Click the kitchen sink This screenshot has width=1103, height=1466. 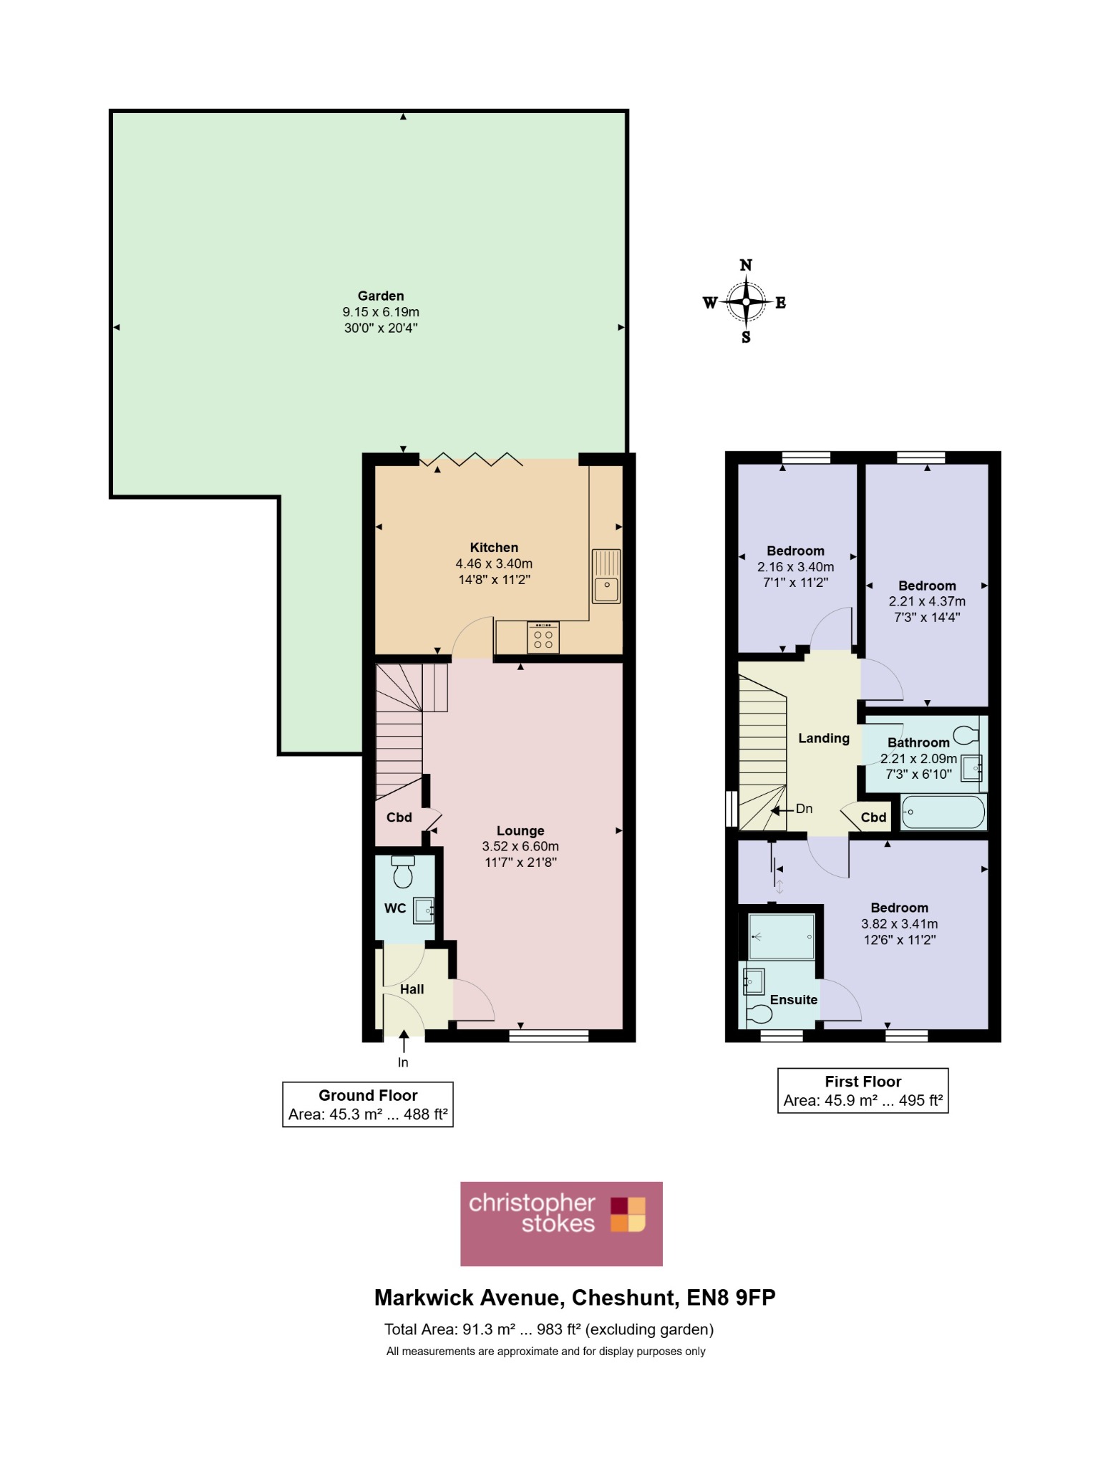coord(606,576)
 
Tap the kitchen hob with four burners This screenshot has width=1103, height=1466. coord(543,638)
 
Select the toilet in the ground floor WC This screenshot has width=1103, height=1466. coord(403,870)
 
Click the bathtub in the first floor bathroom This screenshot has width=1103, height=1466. coord(943,812)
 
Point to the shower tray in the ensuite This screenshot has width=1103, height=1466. coord(781,936)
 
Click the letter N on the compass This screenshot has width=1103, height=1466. coord(746,265)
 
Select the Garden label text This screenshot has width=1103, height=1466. coord(381,296)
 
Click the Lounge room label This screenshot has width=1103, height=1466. coord(520,830)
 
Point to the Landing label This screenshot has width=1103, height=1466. coord(824,738)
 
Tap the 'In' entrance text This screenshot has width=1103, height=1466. coord(403,1062)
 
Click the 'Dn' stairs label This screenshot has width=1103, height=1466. coord(804,808)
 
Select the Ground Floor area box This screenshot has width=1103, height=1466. coord(368,1105)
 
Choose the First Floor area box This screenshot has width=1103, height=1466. coord(863,1091)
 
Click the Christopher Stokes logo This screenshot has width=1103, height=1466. coord(561,1224)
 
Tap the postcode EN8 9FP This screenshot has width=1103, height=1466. coord(731,1298)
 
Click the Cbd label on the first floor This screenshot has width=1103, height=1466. coord(873,817)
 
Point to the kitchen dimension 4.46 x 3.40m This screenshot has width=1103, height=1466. coord(494,563)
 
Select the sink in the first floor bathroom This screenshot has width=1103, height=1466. coord(971,767)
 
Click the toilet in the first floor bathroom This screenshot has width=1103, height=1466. coord(966,734)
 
